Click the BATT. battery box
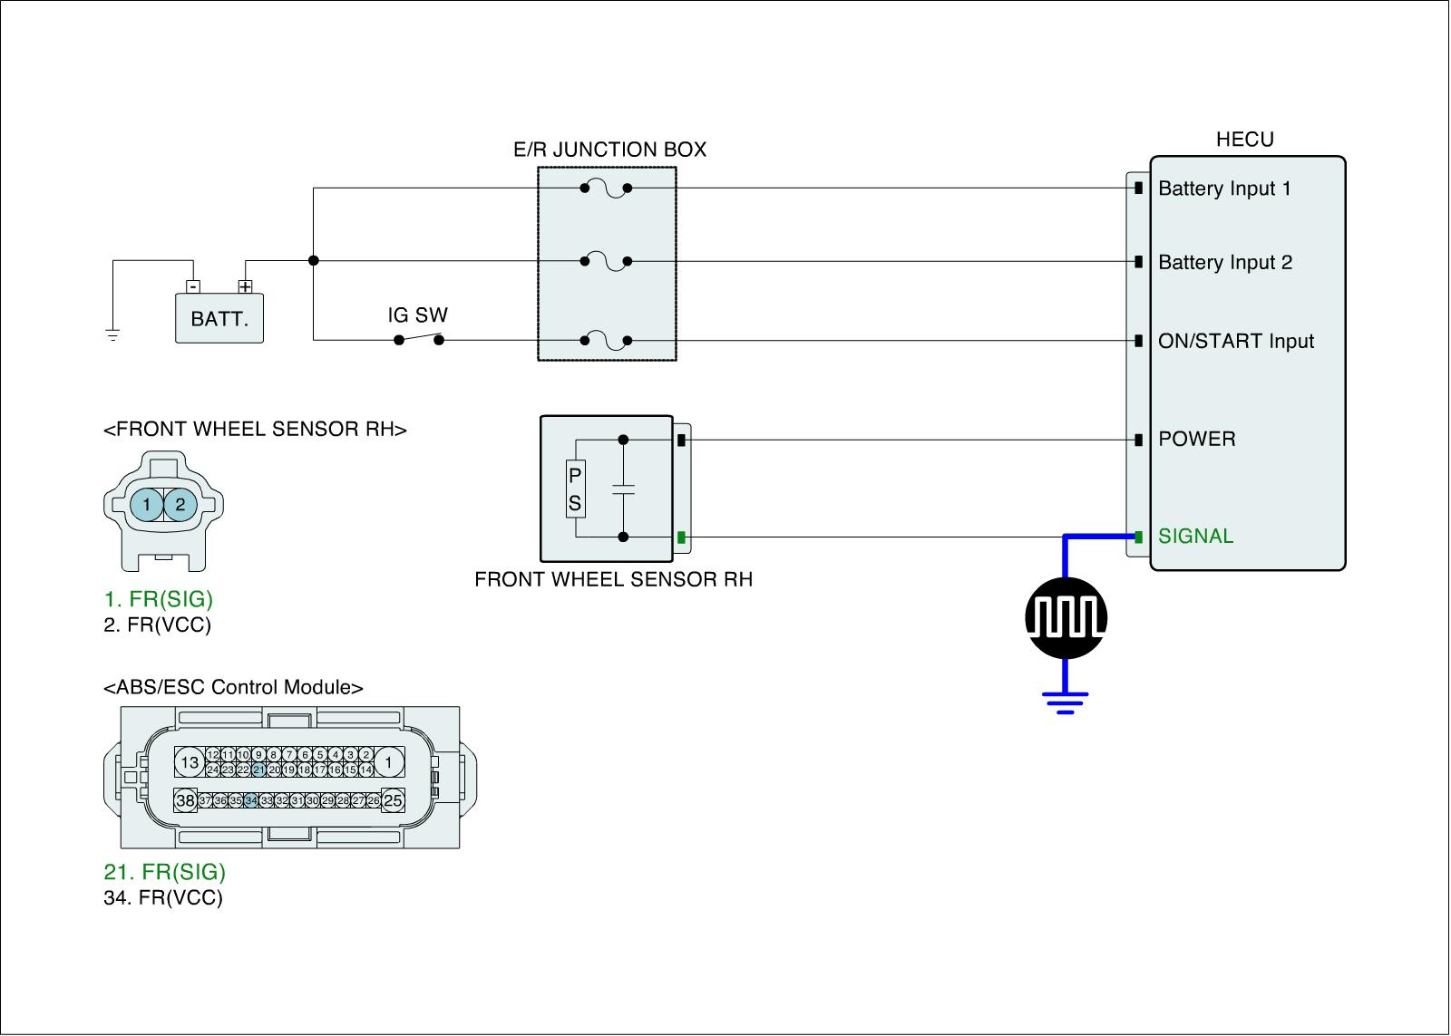tap(219, 318)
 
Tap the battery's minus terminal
tap(193, 286)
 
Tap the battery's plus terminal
tap(245, 286)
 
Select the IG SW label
tap(417, 315)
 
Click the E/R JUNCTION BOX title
tap(609, 150)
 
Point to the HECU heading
tap(1244, 140)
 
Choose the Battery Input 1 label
tap(1224, 189)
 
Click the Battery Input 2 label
tap(1225, 262)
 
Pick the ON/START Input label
tap(1236, 341)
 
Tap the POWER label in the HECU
tap(1196, 439)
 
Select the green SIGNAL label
tap(1196, 537)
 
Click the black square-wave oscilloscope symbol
tap(1066, 618)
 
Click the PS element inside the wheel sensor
tap(575, 489)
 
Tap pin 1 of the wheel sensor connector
tap(147, 504)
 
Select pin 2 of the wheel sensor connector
tap(180, 504)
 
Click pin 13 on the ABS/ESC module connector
tap(190, 762)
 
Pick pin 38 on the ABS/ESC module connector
tap(186, 800)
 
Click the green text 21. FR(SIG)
tap(164, 872)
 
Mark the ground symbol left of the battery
tap(112, 335)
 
